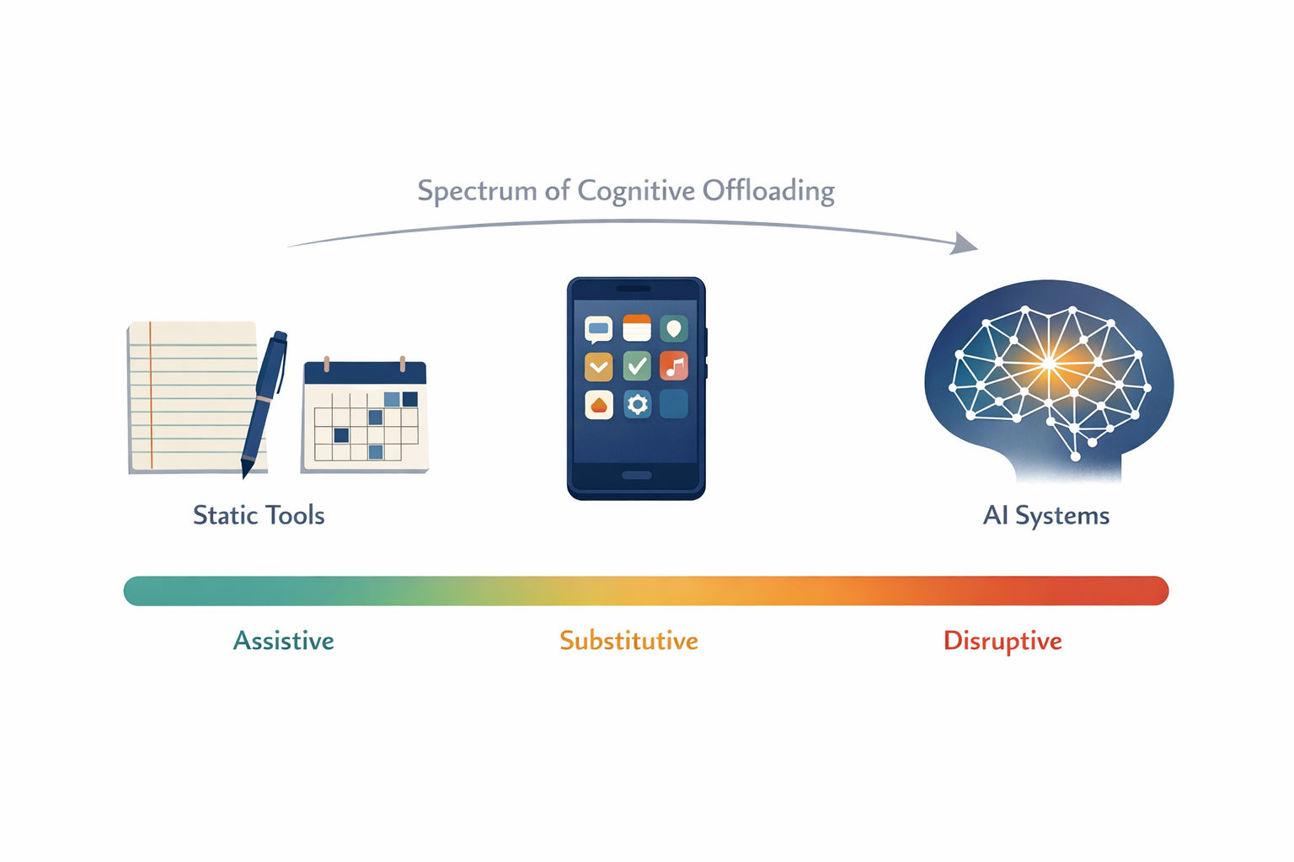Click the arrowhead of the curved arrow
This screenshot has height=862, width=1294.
(964, 243)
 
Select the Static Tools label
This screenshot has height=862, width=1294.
(259, 515)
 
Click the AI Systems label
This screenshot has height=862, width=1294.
(1046, 515)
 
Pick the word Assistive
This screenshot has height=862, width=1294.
(283, 641)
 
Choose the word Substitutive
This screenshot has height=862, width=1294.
(629, 641)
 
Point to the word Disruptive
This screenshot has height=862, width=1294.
(1003, 641)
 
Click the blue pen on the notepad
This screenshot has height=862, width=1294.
(264, 404)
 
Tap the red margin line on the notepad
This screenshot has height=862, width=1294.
(150, 396)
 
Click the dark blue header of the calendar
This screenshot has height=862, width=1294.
(365, 373)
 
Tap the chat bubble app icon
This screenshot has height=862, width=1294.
(598, 330)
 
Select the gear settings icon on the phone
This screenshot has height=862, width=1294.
(637, 404)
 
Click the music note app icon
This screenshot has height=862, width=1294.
(674, 366)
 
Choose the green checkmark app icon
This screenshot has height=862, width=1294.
(637, 366)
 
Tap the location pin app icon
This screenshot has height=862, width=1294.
(674, 329)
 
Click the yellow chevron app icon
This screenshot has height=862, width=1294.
(598, 367)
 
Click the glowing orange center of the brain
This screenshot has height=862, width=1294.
(1049, 363)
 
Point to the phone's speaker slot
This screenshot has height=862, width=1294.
(634, 289)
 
